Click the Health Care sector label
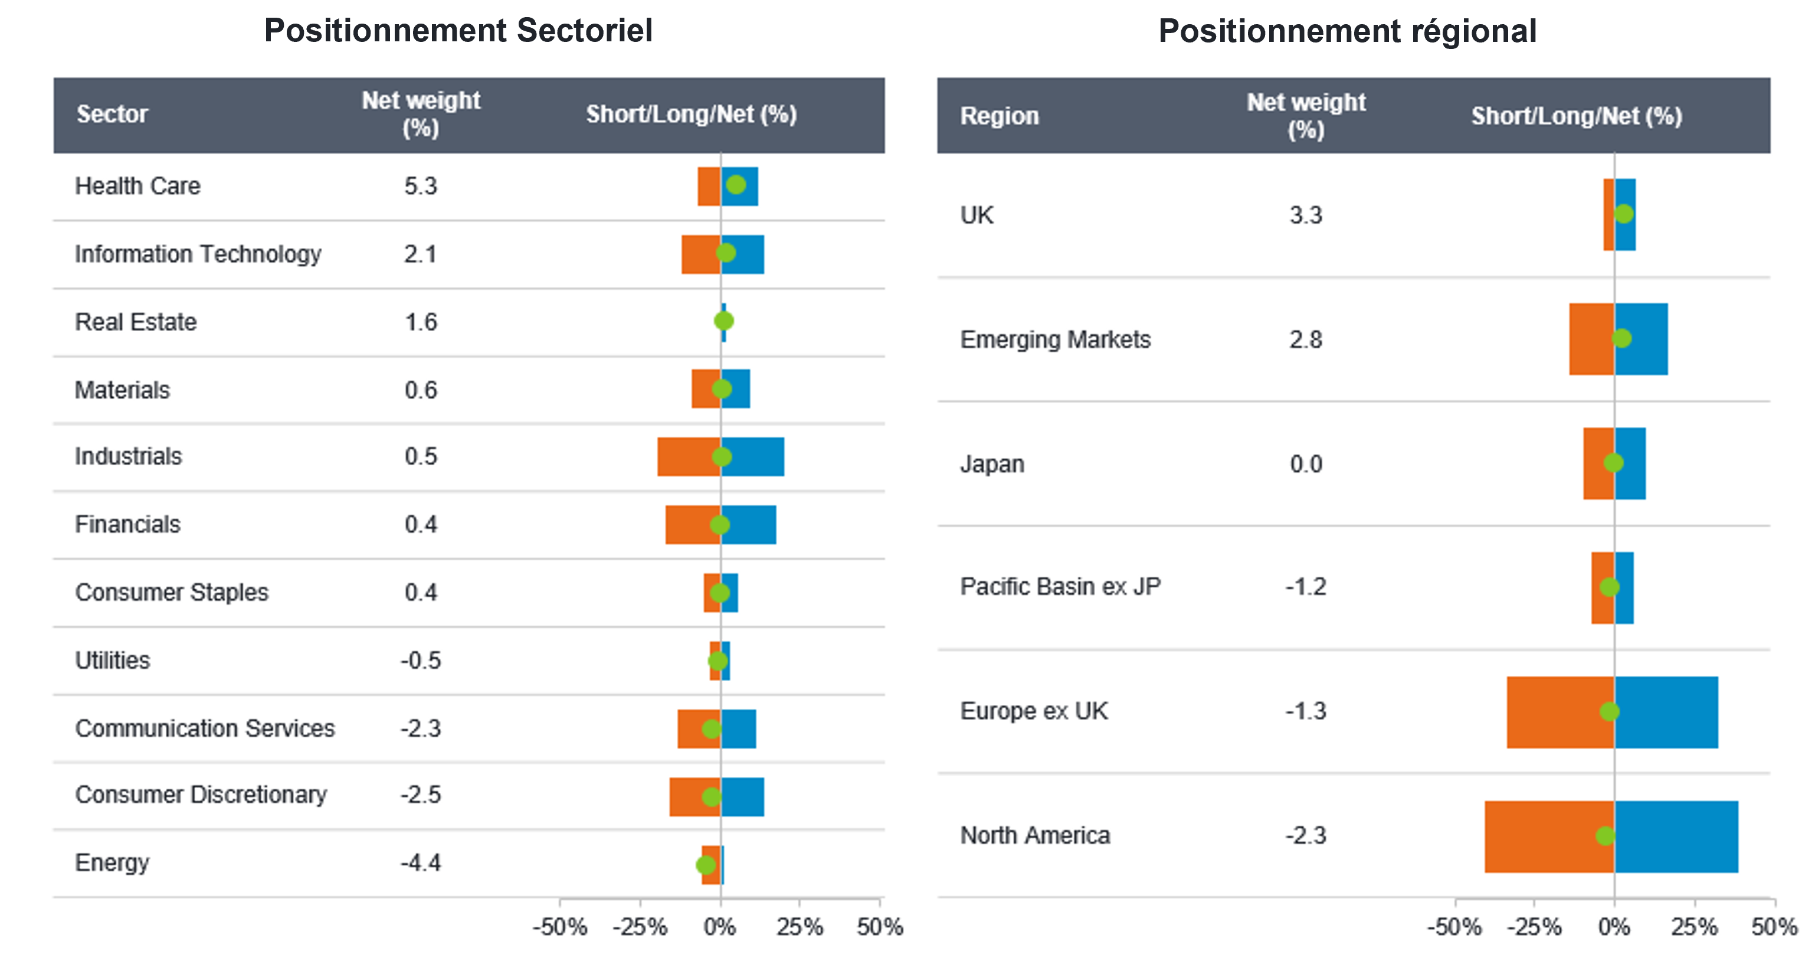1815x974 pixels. tap(137, 186)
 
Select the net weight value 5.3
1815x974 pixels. tap(421, 186)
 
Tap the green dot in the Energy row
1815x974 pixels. tap(705, 865)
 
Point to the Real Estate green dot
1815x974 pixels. tap(723, 321)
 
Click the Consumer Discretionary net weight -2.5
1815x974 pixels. tap(421, 795)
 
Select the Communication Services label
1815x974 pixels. tap(205, 728)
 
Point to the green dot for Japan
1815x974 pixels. tap(1613, 463)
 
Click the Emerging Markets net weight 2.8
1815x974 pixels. tap(1306, 339)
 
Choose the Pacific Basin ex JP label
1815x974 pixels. tap(1060, 586)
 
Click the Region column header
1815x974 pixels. tap(999, 116)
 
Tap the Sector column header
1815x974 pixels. tap(112, 114)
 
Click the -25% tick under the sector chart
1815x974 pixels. tap(640, 927)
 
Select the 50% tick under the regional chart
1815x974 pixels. tap(1774, 927)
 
